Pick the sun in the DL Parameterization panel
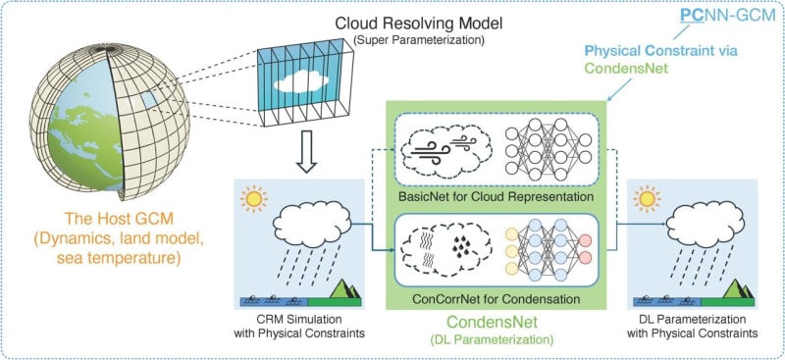[x=648, y=199]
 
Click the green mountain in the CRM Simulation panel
[x=340, y=289]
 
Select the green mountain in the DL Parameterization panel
[x=734, y=289]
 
